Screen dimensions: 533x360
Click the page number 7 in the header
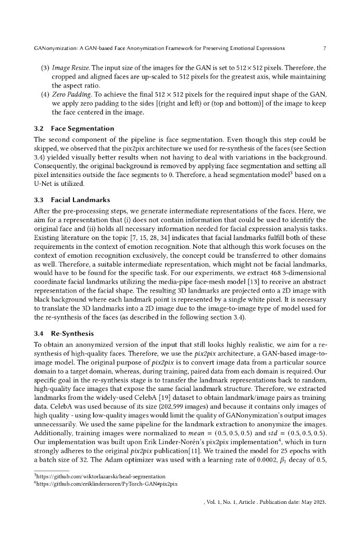point(325,48)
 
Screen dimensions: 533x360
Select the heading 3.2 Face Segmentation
point(73,128)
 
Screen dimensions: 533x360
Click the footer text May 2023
point(311,503)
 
